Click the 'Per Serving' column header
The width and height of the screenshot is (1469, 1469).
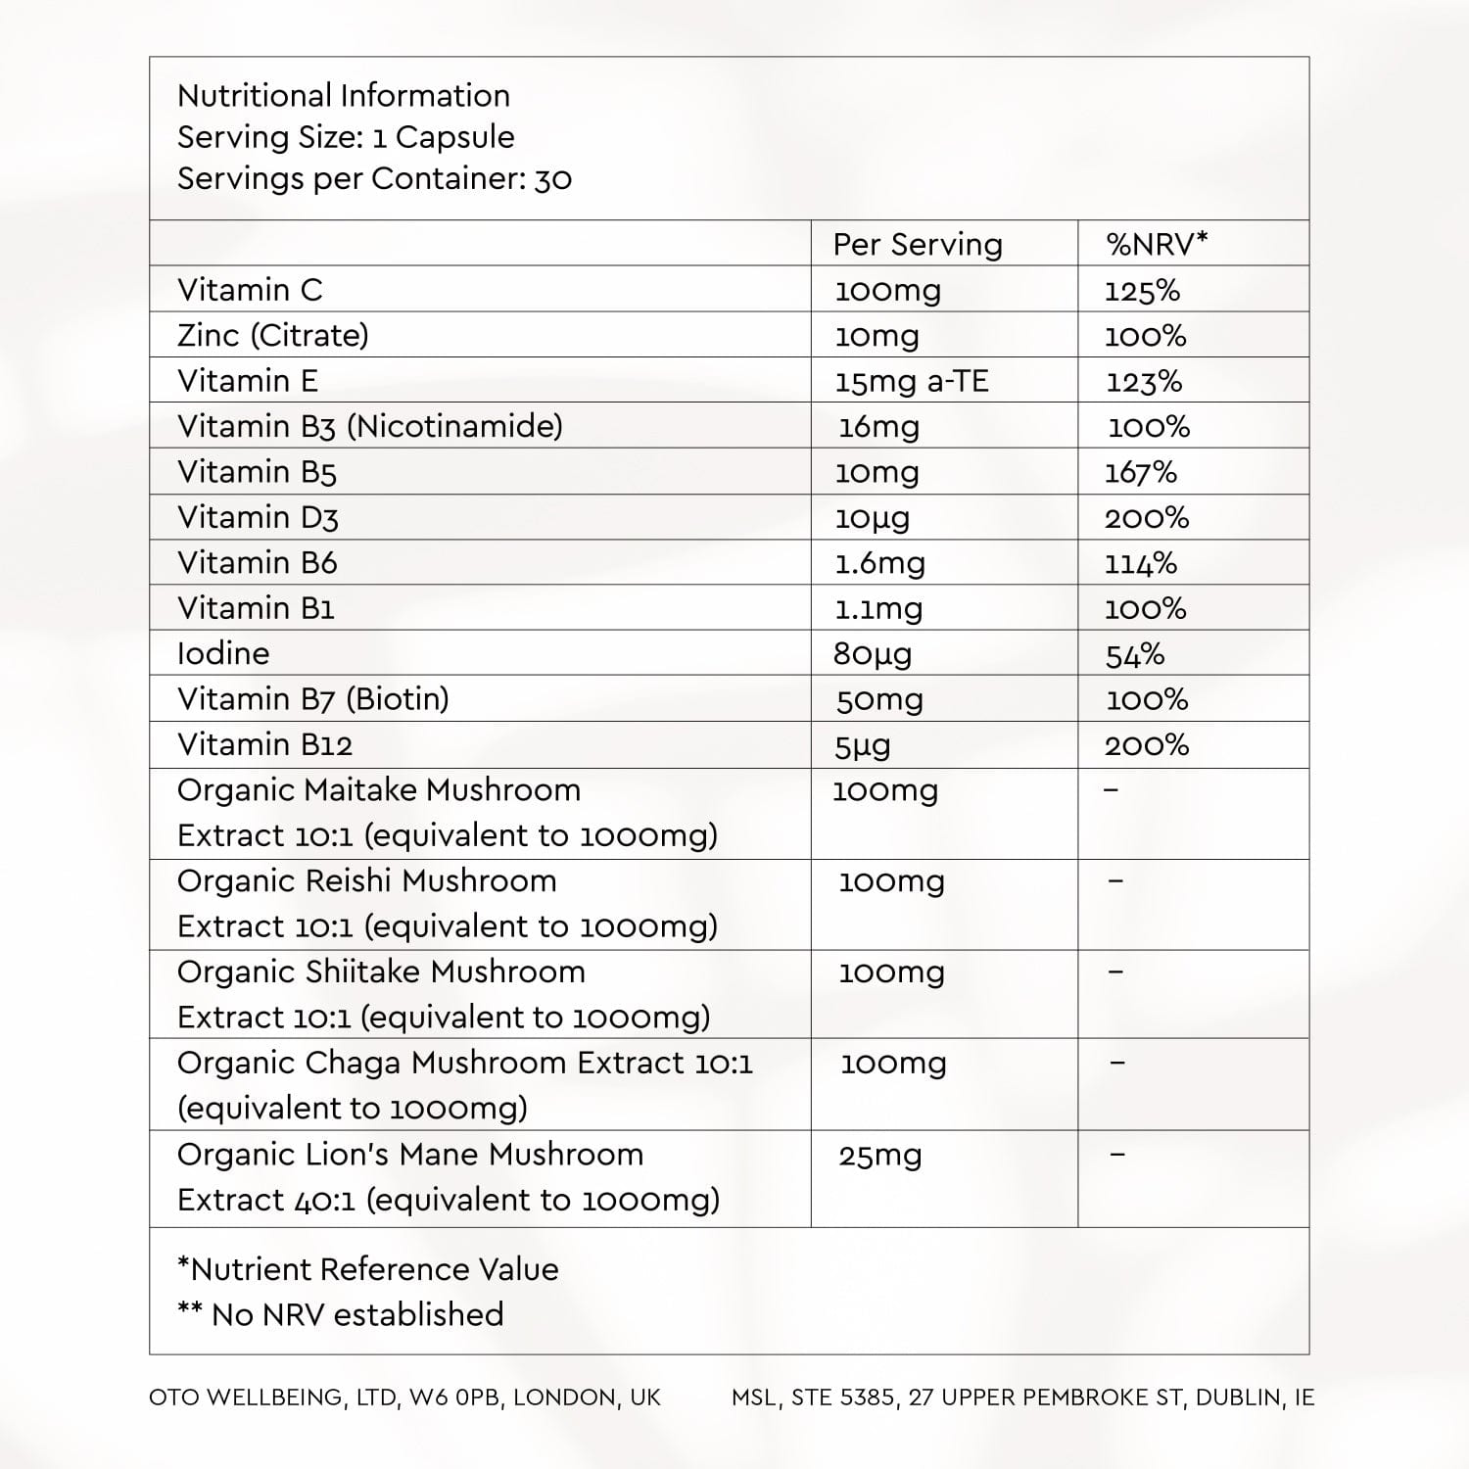(918, 245)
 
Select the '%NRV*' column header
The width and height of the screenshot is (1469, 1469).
(1157, 245)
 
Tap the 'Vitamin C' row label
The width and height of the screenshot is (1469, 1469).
(250, 290)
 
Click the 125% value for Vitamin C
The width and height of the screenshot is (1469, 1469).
(1142, 291)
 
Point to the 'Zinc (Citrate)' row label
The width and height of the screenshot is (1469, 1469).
(273, 335)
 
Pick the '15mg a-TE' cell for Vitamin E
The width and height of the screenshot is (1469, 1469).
(912, 382)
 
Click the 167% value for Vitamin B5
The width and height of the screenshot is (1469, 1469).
(1141, 472)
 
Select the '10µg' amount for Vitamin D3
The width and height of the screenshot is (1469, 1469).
(872, 518)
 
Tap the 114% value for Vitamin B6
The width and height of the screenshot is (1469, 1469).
(1141, 563)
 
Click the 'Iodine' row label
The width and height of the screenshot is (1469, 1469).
(223, 653)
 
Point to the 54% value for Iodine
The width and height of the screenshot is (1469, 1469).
(1135, 654)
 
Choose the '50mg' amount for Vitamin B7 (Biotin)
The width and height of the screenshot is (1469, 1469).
(879, 700)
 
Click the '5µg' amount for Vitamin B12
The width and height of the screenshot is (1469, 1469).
(863, 746)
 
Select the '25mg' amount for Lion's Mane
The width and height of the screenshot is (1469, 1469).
(880, 1157)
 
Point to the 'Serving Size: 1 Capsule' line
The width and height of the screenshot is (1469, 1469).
(346, 137)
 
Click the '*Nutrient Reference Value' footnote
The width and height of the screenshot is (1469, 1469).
(368, 1269)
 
